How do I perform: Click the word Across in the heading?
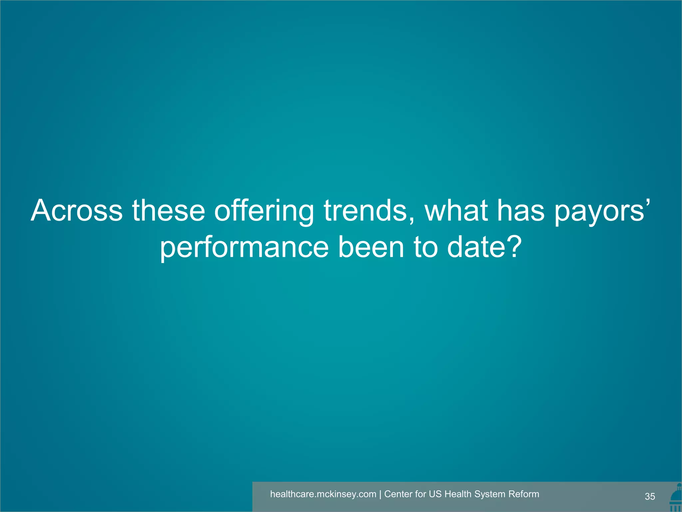point(77,211)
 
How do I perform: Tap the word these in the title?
point(169,211)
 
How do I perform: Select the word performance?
point(244,248)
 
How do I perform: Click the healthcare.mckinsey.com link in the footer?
point(323,494)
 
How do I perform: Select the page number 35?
point(650,496)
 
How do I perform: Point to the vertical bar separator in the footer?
point(380,494)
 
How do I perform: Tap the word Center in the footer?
point(398,494)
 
